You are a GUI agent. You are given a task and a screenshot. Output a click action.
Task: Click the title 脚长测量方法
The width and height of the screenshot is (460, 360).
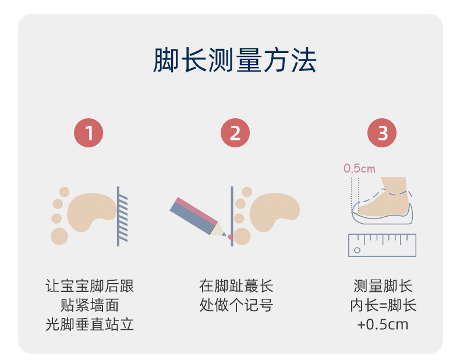point(235,61)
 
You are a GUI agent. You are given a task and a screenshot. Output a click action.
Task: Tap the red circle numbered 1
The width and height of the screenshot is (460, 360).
point(89,133)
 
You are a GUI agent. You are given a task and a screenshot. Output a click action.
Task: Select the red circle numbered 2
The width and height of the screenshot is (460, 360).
point(235,133)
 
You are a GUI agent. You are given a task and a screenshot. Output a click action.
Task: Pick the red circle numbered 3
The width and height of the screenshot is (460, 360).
point(382,133)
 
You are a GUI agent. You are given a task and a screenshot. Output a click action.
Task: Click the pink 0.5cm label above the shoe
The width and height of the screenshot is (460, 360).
point(359,169)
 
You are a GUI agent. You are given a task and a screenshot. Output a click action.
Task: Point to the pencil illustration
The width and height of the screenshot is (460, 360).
point(198,216)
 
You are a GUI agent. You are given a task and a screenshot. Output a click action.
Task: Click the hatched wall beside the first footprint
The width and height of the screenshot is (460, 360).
point(122,216)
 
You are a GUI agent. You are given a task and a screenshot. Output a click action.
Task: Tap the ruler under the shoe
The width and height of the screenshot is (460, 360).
point(382,245)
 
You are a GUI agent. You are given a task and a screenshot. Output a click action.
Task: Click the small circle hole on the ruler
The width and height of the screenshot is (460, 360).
point(357,250)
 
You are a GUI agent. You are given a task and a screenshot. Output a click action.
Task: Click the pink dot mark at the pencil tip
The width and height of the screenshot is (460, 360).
point(230,237)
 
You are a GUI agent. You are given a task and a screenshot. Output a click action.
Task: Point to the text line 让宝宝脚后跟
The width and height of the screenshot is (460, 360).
point(90,286)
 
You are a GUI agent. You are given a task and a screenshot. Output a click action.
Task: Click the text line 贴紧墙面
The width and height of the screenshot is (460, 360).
point(90,305)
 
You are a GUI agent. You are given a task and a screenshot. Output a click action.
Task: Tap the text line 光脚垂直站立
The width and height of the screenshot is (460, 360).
point(90,324)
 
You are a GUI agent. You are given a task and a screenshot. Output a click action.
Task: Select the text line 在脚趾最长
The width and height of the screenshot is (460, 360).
point(236,286)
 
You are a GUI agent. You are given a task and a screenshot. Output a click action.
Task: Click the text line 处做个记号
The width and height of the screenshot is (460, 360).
point(236,305)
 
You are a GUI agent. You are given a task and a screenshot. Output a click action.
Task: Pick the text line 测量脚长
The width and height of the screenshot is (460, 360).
point(383,286)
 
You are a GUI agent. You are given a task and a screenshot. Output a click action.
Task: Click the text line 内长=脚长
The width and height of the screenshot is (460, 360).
point(383,305)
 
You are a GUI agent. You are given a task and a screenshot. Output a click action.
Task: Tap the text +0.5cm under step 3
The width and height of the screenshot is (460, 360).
point(383,324)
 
